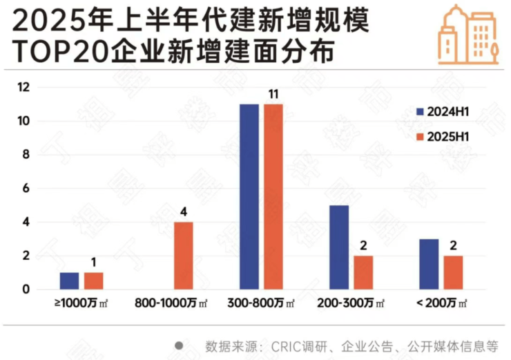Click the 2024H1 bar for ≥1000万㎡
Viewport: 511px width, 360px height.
(69, 281)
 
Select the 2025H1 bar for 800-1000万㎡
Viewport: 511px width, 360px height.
(183, 256)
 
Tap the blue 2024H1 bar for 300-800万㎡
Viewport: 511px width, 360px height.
(249, 197)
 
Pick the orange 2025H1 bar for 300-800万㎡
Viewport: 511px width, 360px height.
(273, 197)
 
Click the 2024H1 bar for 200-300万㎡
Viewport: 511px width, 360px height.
(338, 247)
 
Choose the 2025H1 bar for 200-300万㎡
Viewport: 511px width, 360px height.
(363, 273)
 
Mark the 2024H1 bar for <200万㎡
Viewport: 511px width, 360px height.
(428, 264)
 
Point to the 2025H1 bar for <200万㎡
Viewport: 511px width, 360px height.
(453, 273)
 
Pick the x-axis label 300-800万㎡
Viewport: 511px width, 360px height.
(261, 303)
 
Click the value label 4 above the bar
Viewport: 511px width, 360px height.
(183, 211)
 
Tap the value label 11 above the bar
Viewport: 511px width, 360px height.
(273, 93)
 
